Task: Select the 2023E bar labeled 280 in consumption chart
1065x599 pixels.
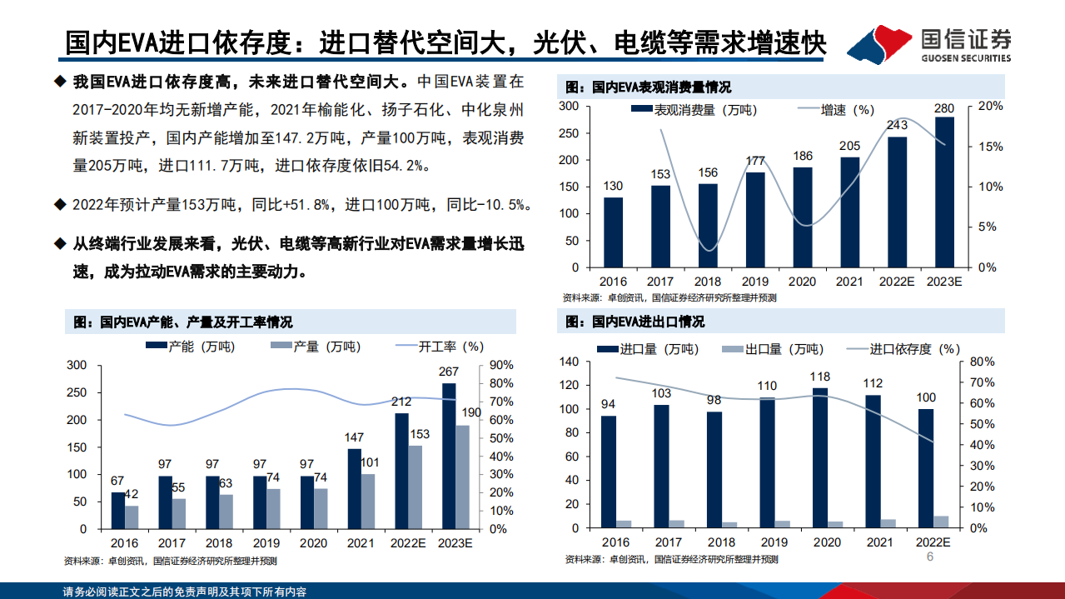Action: coord(944,192)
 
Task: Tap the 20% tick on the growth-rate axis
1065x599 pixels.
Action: coord(992,107)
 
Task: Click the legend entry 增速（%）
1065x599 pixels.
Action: coord(836,110)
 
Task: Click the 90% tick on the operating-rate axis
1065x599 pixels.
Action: coord(500,366)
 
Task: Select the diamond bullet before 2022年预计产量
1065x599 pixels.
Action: coord(59,204)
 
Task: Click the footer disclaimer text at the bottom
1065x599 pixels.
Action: coord(185,592)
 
